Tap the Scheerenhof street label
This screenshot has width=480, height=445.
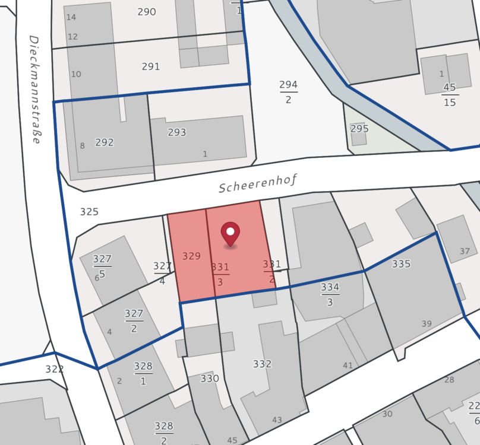coord(258,183)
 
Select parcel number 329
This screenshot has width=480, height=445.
coord(191,256)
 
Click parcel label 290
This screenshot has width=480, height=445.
coord(147,12)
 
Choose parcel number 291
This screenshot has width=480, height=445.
coord(151,66)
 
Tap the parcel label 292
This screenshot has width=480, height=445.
coord(105,142)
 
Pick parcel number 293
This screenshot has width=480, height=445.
coord(177,132)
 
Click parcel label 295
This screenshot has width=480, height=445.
coord(359,129)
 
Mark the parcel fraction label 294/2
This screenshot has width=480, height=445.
coord(289,92)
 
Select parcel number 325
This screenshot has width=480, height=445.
coord(89,212)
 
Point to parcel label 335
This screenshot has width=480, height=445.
coord(401,264)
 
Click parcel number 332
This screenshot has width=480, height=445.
coord(262,364)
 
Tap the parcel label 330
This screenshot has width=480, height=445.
coord(210,379)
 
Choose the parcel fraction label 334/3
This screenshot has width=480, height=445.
coord(330,294)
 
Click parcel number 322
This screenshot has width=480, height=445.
coord(54,369)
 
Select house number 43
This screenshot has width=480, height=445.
coord(277,420)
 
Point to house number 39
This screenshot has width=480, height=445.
coord(427,323)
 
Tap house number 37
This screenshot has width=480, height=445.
coord(465,251)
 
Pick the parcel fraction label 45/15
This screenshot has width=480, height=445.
coord(449,94)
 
